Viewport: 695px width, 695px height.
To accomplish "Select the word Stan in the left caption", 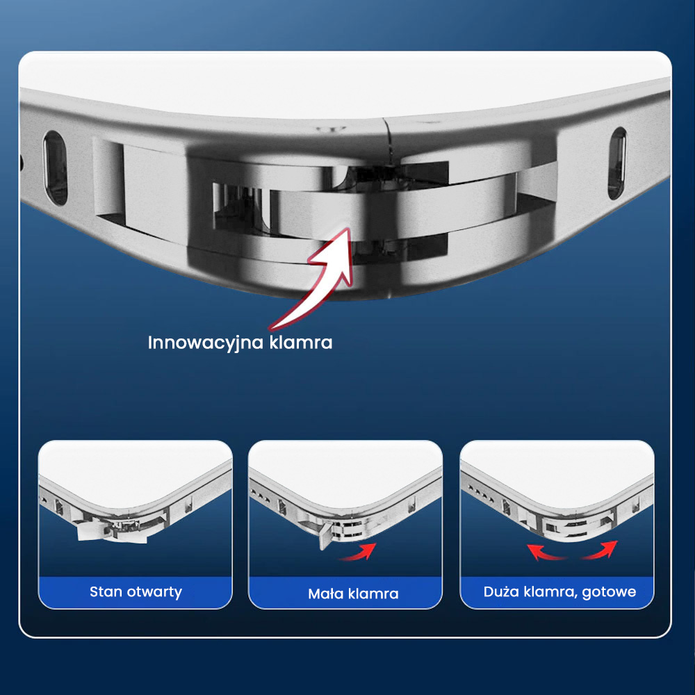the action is [106, 591].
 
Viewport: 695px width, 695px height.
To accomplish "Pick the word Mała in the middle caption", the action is [325, 594].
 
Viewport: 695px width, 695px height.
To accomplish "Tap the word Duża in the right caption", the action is [501, 591].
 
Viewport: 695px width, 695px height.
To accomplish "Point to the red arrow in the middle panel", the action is [358, 553].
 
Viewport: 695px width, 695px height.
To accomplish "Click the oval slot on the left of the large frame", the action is [56, 168].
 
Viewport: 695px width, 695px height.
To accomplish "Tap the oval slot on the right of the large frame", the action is [617, 163].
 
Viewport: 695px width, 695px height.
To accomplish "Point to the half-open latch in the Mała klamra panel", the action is [327, 535].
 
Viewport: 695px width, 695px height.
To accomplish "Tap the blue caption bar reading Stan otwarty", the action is [136, 592].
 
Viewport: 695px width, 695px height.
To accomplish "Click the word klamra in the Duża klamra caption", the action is [550, 591].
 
